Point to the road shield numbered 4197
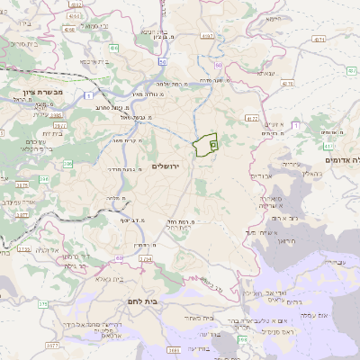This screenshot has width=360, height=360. point(208,37)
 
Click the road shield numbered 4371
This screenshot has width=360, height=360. point(319,40)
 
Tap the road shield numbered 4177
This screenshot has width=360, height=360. point(251,117)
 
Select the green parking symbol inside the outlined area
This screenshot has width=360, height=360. point(212,143)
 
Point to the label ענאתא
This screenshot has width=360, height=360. point(266,73)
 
